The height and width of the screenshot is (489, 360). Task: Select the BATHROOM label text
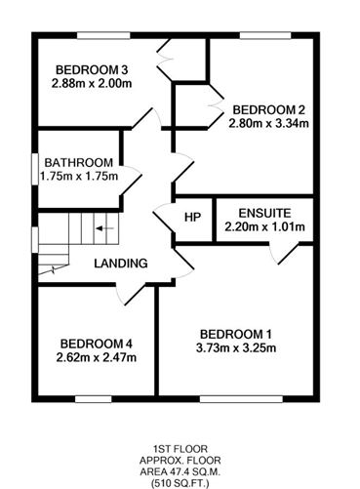[79, 162]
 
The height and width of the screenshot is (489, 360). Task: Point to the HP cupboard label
[192, 217]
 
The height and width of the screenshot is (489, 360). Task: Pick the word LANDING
[120, 264]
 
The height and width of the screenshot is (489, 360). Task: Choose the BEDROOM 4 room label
[97, 344]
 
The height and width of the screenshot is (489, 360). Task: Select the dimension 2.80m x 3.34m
[268, 123]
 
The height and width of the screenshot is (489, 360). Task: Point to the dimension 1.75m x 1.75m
[79, 177]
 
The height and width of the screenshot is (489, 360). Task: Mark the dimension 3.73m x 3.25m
[234, 348]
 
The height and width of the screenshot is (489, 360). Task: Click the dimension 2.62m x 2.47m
[97, 358]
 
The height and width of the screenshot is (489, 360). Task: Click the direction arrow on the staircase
[102, 230]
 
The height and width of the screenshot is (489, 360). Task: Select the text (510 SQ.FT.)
[180, 480]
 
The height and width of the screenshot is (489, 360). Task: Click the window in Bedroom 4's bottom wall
[94, 398]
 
